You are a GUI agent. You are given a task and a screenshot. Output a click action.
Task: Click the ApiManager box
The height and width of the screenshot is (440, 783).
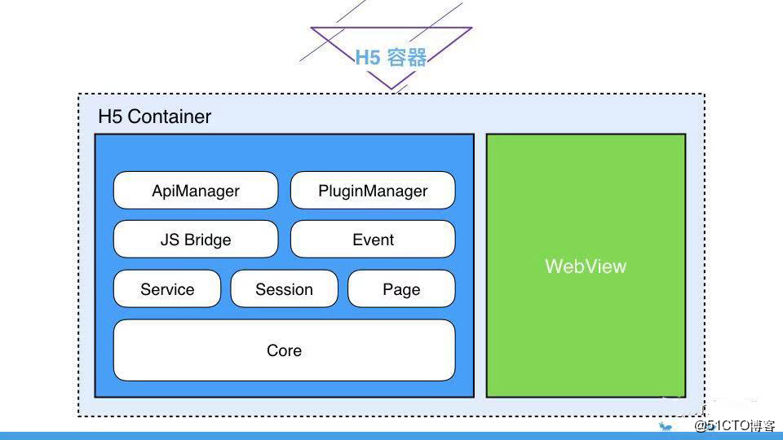click(196, 190)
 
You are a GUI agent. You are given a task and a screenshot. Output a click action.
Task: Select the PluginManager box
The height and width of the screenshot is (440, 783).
click(373, 190)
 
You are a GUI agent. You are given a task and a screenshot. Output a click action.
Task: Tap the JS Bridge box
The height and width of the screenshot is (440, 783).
click(196, 240)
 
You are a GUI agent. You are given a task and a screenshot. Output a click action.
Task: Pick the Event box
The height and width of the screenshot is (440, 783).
click(373, 240)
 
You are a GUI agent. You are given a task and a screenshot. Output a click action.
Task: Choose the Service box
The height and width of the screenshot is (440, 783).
click(166, 288)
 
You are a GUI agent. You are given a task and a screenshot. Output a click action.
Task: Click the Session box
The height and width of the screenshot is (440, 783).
click(284, 288)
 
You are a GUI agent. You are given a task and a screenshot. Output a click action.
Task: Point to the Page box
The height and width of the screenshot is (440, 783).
click(401, 288)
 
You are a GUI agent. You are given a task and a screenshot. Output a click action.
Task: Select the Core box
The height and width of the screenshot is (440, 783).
click(284, 350)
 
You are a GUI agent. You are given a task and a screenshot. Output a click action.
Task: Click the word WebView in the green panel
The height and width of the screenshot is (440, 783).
click(586, 266)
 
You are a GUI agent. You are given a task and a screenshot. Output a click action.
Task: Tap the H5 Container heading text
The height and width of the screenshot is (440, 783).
click(155, 117)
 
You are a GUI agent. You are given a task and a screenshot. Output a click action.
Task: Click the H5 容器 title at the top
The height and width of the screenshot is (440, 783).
click(391, 57)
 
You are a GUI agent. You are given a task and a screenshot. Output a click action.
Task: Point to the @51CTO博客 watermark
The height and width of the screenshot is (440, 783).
click(734, 425)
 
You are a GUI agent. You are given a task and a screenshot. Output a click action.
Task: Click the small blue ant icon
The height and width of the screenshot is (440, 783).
click(666, 426)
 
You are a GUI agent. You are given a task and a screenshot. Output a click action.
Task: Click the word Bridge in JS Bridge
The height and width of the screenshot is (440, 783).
click(208, 240)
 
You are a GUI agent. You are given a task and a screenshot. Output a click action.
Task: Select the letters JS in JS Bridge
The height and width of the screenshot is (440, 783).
click(170, 240)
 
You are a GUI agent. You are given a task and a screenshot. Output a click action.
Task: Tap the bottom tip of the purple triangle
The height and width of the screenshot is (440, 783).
click(391, 90)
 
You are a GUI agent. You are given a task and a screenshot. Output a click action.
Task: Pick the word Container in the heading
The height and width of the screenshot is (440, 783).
click(170, 117)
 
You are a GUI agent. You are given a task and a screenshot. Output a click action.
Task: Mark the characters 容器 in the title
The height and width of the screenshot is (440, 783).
click(407, 57)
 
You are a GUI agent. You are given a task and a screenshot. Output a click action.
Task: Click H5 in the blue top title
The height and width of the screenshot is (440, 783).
click(368, 58)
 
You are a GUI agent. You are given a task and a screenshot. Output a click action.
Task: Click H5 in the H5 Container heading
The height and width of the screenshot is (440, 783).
click(110, 117)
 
